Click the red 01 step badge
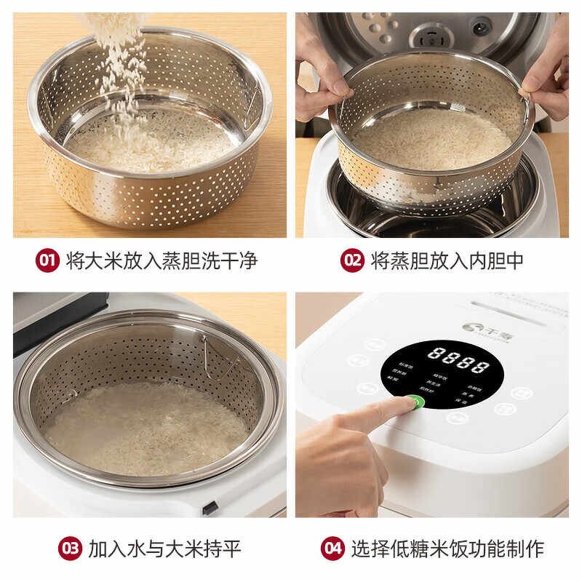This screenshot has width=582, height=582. (47, 260)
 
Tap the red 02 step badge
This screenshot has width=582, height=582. (352, 260)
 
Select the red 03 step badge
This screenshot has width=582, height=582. (71, 548)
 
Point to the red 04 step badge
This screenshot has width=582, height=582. (332, 548)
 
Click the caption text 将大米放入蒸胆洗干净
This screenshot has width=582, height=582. (162, 260)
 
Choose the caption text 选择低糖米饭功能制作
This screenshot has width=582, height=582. (447, 548)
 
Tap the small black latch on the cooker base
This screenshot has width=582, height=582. (210, 509)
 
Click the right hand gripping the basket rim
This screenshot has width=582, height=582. (542, 84)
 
